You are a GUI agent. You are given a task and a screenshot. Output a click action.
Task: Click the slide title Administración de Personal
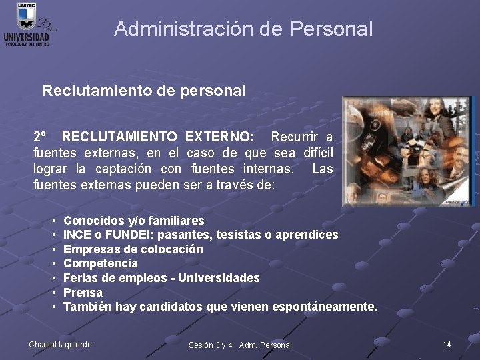pos(243,29)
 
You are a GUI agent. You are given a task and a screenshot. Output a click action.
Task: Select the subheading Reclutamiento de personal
pos(144,90)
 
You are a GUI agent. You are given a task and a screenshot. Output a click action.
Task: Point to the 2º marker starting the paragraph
pos(40,137)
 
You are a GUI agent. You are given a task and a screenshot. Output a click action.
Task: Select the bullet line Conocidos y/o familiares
pos(133,220)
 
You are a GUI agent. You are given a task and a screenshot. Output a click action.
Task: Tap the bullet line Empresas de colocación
pos(133,249)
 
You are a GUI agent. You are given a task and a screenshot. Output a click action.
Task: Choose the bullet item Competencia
pos(100,263)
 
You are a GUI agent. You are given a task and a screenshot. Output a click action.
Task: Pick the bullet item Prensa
pos(83,293)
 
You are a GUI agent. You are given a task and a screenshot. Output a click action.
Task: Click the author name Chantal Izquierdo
pos(60,345)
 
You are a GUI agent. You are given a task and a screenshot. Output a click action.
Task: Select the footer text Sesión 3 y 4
pos(211,345)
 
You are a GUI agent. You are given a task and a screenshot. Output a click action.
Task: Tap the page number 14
pos(447,344)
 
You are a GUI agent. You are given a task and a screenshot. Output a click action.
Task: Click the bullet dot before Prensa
pos(53,293)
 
